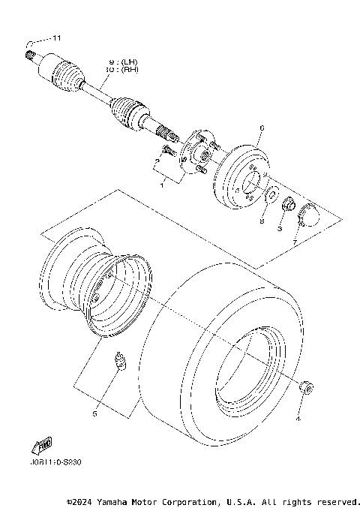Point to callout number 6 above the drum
coord(260,128)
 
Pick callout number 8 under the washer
coord(262,222)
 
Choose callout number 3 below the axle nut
coord(279,229)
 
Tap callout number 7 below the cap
coord(295,242)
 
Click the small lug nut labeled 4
coord(305,386)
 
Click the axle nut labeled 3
coord(286,203)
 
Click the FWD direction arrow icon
coord(40,445)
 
